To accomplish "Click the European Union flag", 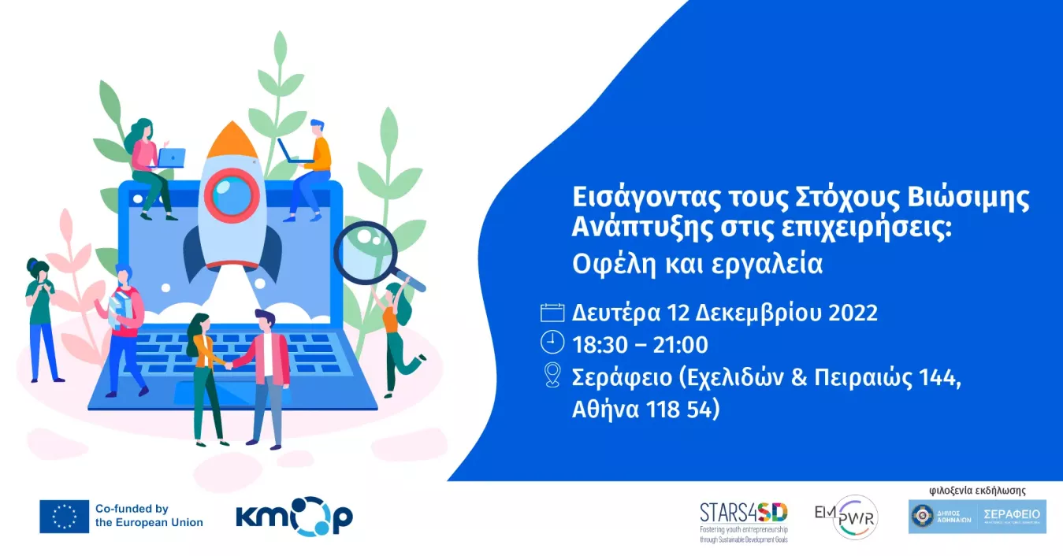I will tap(64, 517).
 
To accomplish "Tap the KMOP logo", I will tap(294, 517).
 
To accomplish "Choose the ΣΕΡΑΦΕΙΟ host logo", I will tap(977, 517).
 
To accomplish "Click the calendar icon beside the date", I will tap(552, 313).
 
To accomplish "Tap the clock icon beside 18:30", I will tap(552, 343).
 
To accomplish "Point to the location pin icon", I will tap(552, 376).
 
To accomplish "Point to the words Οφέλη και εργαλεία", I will tap(697, 264).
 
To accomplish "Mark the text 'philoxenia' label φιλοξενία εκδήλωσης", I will tap(977, 489).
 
